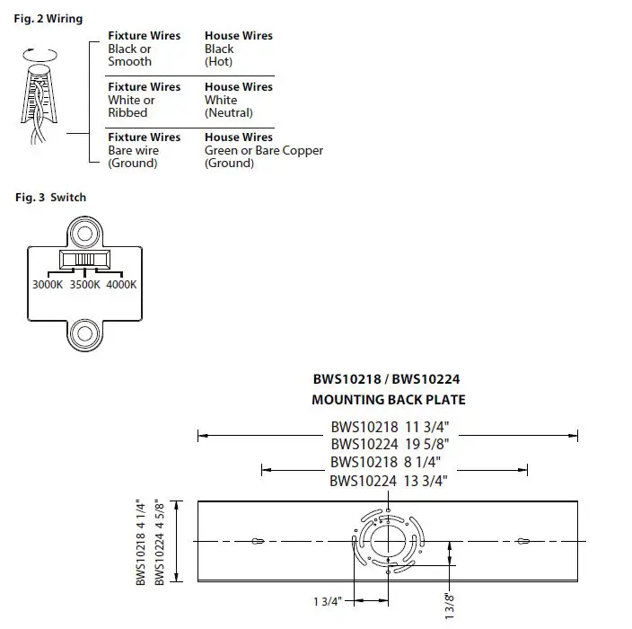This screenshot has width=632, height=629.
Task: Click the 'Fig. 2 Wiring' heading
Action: (49, 19)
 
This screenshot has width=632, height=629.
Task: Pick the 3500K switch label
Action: (84, 284)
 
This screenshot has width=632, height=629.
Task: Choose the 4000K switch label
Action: (121, 284)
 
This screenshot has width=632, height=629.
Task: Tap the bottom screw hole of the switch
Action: (84, 332)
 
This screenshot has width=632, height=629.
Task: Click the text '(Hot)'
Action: (218, 62)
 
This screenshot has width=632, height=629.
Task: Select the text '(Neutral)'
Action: (228, 113)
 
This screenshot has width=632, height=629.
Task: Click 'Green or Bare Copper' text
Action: (263, 151)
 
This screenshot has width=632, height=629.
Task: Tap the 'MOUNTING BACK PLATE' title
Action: (388, 400)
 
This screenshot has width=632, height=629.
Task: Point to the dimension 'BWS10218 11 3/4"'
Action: (389, 429)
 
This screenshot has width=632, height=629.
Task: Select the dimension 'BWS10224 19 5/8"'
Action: (389, 443)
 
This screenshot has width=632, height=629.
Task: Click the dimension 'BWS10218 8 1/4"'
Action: (389, 462)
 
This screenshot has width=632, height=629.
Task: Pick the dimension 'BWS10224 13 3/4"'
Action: (389, 481)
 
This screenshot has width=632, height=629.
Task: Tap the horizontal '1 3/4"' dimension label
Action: (327, 601)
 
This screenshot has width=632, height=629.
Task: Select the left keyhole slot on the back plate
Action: (258, 542)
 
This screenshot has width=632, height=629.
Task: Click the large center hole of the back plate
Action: (388, 541)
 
